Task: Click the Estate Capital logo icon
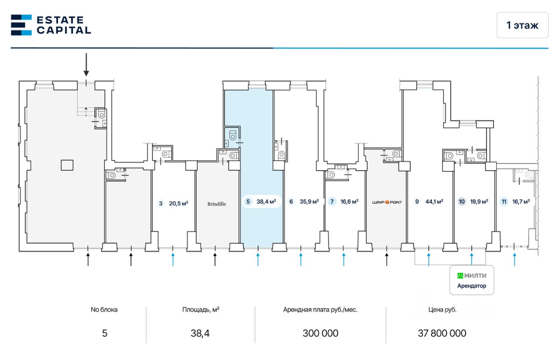pyautogui.click(x=21, y=25)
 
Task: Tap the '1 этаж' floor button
pyautogui.click(x=522, y=25)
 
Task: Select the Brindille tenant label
pyautogui.click(x=217, y=204)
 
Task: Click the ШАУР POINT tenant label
pyautogui.click(x=386, y=202)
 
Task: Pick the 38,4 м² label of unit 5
pyautogui.click(x=266, y=202)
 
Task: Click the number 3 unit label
pyautogui.click(x=161, y=203)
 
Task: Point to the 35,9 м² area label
pyautogui.click(x=309, y=202)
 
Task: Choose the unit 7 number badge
pyautogui.click(x=332, y=202)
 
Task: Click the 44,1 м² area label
pyautogui.click(x=434, y=202)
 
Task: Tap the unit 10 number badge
pyautogui.click(x=462, y=202)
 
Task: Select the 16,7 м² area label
pyautogui.click(x=521, y=202)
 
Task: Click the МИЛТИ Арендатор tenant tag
pyautogui.click(x=472, y=281)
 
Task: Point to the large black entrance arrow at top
pyautogui.click(x=86, y=65)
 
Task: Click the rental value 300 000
pyautogui.click(x=320, y=333)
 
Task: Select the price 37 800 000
pyautogui.click(x=442, y=333)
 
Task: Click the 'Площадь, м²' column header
pyautogui.click(x=200, y=310)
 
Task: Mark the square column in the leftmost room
pyautogui.click(x=67, y=165)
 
